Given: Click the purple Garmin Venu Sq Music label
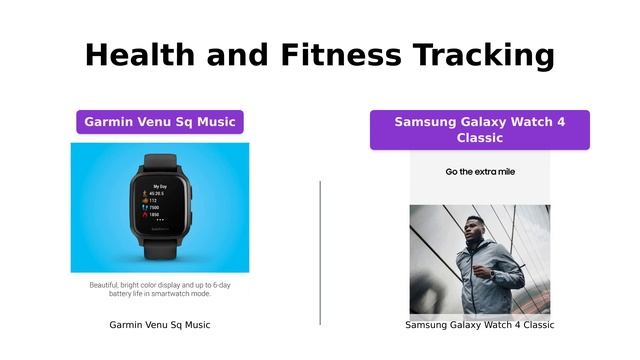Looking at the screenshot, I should [160, 122].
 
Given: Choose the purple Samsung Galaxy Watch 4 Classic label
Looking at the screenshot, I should [480, 130].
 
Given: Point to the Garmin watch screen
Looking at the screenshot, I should [160, 203].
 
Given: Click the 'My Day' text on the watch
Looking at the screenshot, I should [160, 186].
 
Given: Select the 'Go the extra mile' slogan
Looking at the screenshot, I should [480, 172].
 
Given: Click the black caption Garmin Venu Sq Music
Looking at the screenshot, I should [160, 325].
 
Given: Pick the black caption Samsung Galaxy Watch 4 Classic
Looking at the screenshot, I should [480, 325].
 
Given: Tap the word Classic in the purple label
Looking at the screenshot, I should [480, 138].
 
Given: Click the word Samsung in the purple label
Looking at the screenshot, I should [426, 122].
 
